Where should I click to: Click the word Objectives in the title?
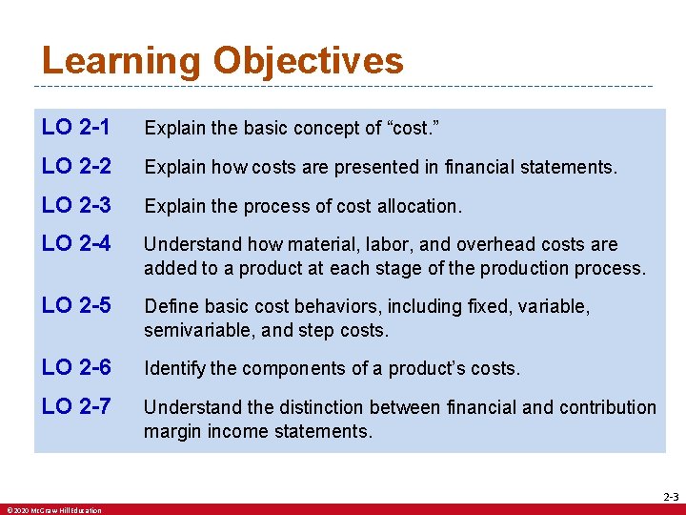click(308, 62)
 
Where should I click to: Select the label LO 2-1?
click(76, 127)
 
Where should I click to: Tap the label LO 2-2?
click(76, 167)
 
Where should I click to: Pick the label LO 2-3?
click(76, 206)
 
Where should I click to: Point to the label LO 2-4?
click(76, 245)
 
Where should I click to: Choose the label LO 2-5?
click(76, 307)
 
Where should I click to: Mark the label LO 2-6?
click(76, 368)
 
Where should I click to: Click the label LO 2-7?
click(76, 407)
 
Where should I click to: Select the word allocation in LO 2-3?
click(416, 207)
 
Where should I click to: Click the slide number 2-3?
click(671, 497)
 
